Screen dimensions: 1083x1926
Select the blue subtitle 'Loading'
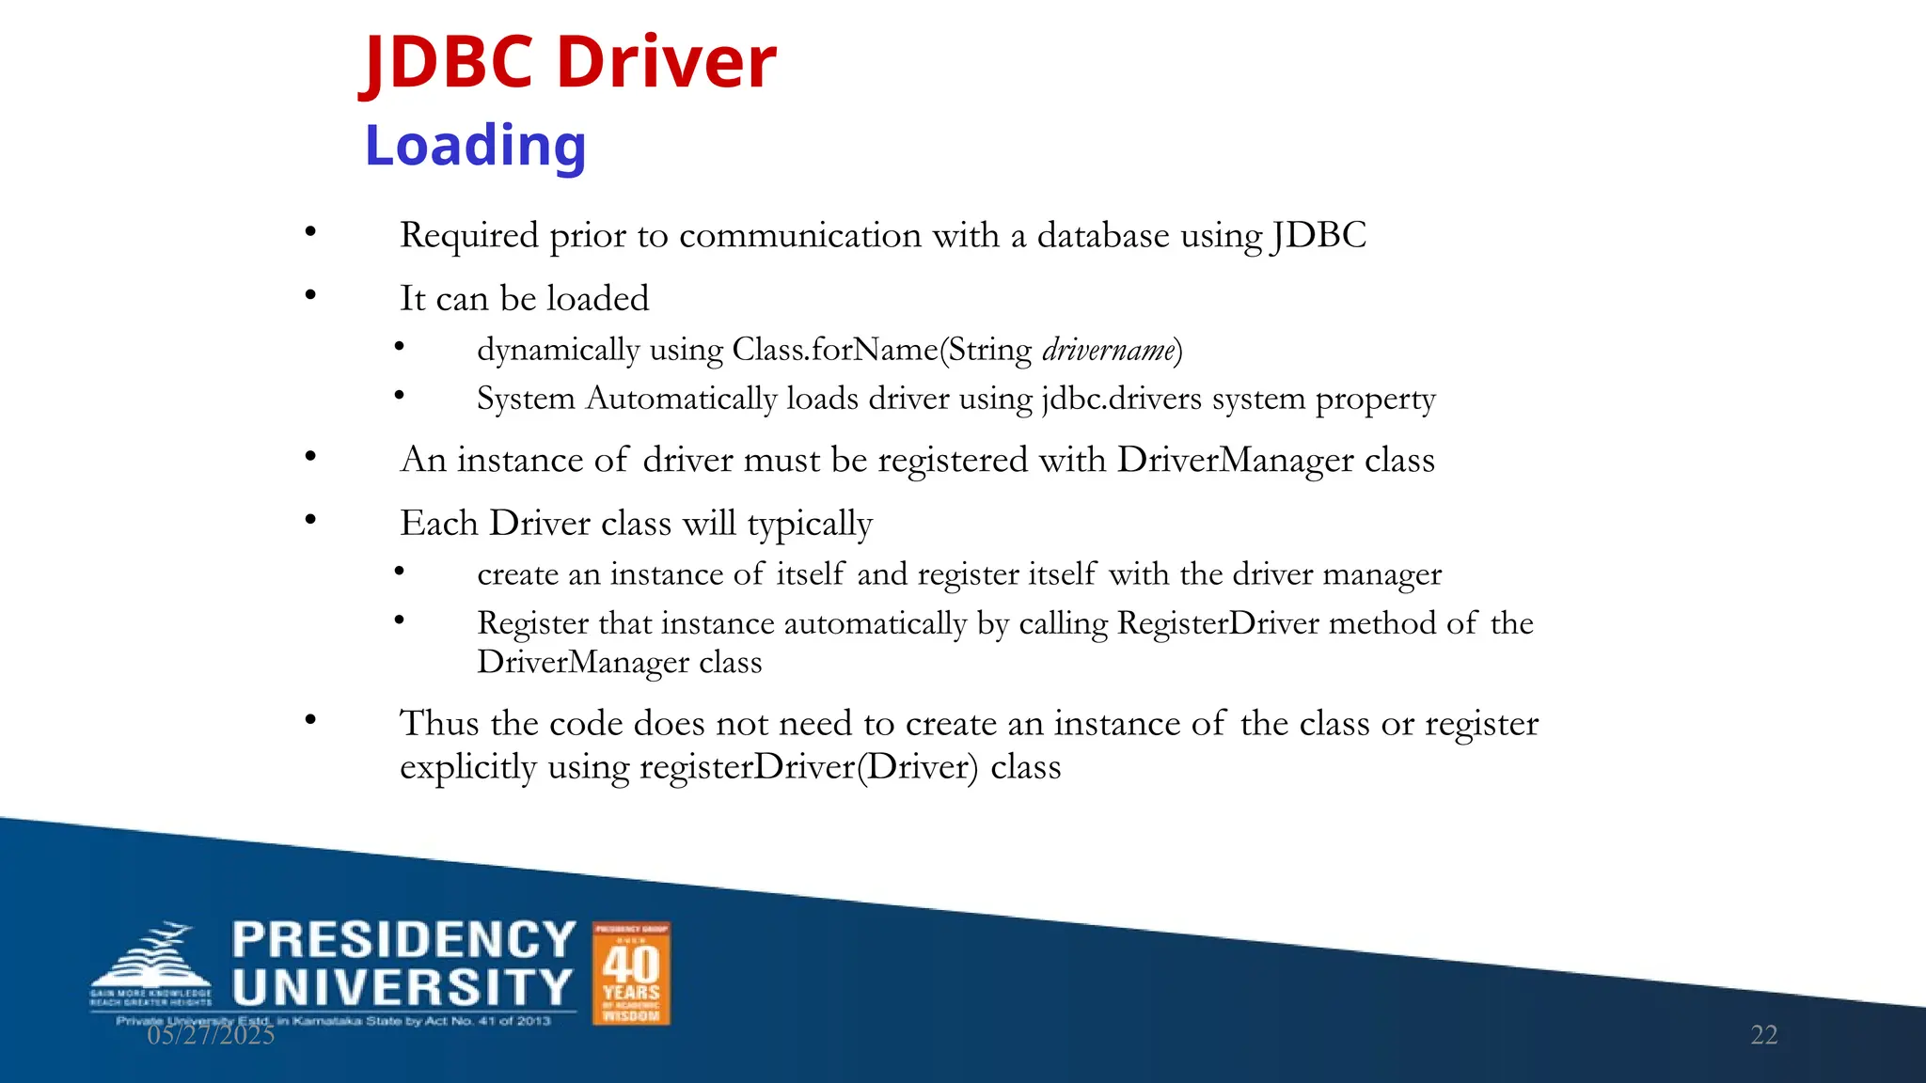pyautogui.click(x=475, y=147)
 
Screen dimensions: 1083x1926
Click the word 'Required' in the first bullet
pyautogui.click(x=469, y=235)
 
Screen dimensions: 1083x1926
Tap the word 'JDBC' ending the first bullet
pyautogui.click(x=1318, y=235)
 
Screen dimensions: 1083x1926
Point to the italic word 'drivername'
pyautogui.click(x=1109, y=350)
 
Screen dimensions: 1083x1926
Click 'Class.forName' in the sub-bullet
pyautogui.click(x=835, y=350)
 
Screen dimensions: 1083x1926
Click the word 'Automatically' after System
pyautogui.click(x=681, y=399)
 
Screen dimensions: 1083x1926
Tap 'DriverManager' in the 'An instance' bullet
pyautogui.click(x=1236, y=460)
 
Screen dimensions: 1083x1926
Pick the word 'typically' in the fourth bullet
pyautogui.click(x=810, y=524)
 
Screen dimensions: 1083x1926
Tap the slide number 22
pyautogui.click(x=1763, y=1035)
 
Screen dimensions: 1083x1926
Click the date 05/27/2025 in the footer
pyautogui.click(x=211, y=1035)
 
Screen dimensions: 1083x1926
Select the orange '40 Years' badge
pyautogui.click(x=631, y=973)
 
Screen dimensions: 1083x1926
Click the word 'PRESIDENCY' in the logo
pyautogui.click(x=403, y=940)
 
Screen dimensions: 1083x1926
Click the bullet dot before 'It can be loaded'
pyautogui.click(x=310, y=295)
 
